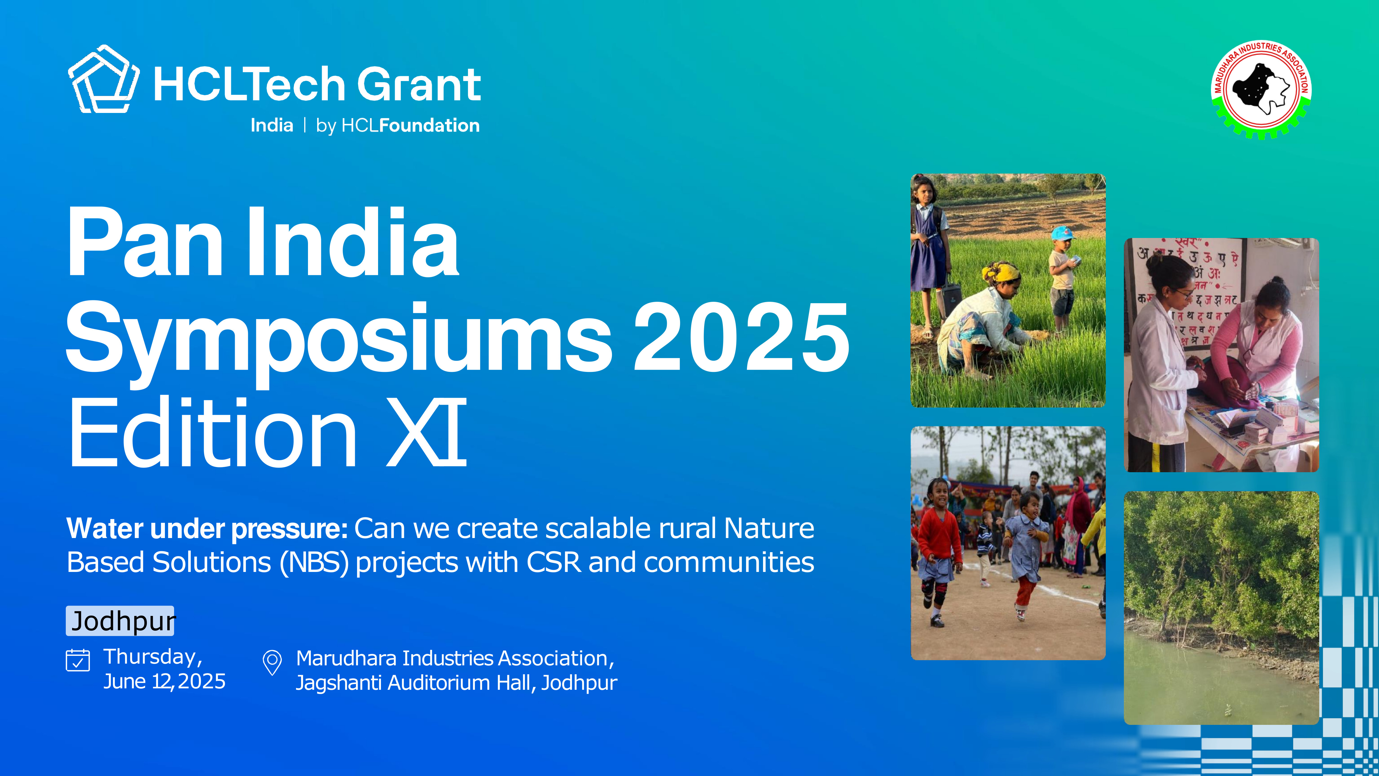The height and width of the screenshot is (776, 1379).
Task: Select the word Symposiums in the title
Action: coord(338,337)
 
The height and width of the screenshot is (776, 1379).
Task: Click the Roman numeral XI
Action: coord(427,432)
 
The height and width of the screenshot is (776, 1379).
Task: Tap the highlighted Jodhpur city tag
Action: coord(120,621)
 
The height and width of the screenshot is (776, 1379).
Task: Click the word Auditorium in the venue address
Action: coord(439,683)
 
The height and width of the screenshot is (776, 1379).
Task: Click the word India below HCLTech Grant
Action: coord(272,125)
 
